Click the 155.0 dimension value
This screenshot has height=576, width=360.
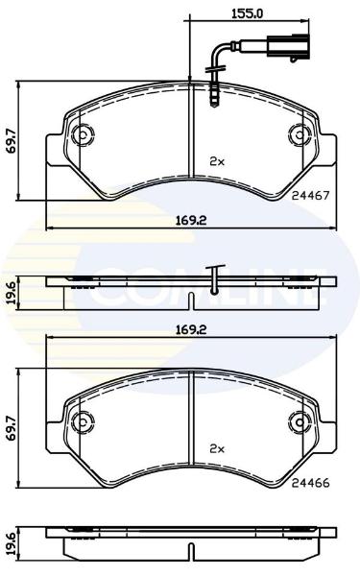point(248,13)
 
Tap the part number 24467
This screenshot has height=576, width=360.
point(310,196)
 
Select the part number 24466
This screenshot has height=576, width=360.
point(310,483)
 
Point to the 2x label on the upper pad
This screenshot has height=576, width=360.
point(217,161)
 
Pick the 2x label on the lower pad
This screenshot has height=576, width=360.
point(217,448)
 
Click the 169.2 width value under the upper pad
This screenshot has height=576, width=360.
point(191,221)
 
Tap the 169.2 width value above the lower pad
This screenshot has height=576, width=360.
point(191,329)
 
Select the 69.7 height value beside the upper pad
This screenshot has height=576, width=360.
point(12,141)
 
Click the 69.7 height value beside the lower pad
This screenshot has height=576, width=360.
point(12,428)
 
